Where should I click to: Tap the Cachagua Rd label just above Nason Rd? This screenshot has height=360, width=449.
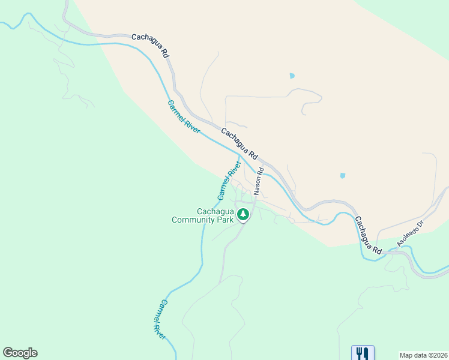[239, 143]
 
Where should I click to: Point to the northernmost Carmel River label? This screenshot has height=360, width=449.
[183, 116]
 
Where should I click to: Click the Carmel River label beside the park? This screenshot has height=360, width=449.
[229, 179]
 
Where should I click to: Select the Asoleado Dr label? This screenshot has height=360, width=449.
[410, 233]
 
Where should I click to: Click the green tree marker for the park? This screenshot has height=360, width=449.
[243, 214]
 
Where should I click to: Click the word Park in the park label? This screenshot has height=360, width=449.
[224, 220]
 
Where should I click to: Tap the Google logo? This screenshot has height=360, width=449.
[20, 353]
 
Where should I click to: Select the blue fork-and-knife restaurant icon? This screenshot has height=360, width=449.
[362, 353]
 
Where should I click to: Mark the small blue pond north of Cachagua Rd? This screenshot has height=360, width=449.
[292, 76]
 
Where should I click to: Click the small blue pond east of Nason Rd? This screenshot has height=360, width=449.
[342, 176]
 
